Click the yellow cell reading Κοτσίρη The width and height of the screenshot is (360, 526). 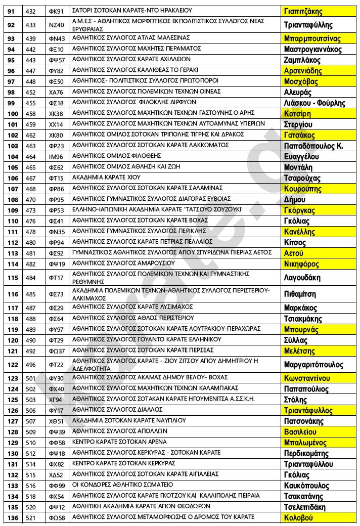coord(298,114)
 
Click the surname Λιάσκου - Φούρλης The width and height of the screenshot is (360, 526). coord(314,103)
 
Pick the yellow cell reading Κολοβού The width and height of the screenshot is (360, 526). coord(299,517)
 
